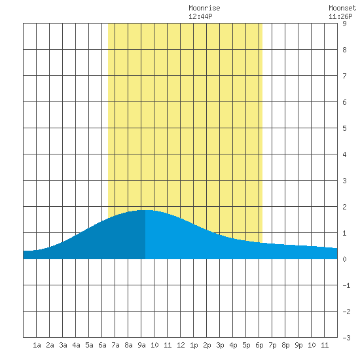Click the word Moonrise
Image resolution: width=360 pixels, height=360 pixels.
[x=204, y=9]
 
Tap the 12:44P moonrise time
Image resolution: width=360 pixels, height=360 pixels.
[x=200, y=16]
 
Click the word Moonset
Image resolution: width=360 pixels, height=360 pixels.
[x=342, y=9]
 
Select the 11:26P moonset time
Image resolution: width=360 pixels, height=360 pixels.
[x=340, y=16]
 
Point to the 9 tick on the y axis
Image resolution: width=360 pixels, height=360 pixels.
[x=344, y=24]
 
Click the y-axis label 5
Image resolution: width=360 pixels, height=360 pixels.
[x=344, y=128]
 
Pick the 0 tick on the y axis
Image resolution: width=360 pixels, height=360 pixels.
[x=344, y=259]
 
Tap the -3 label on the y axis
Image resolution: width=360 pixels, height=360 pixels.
[x=346, y=338]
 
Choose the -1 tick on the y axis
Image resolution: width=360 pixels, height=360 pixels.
[x=346, y=285]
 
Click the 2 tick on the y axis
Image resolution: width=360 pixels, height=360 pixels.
[x=344, y=207]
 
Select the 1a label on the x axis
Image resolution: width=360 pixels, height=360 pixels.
[x=37, y=345]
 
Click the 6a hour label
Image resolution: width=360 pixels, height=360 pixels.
[x=102, y=345]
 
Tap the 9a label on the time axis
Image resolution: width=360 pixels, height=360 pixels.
[x=141, y=345]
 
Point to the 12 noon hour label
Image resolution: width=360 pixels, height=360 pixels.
[x=181, y=345]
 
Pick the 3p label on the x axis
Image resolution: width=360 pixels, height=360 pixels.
[x=220, y=345]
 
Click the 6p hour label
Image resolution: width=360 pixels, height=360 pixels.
[x=259, y=345]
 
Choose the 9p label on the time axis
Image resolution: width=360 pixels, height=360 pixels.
[x=298, y=345]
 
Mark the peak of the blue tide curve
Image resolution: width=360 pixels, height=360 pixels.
[x=145, y=210]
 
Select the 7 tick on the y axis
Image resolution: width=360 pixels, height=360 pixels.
[x=344, y=76]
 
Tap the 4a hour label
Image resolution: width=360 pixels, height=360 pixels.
[x=76, y=345]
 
